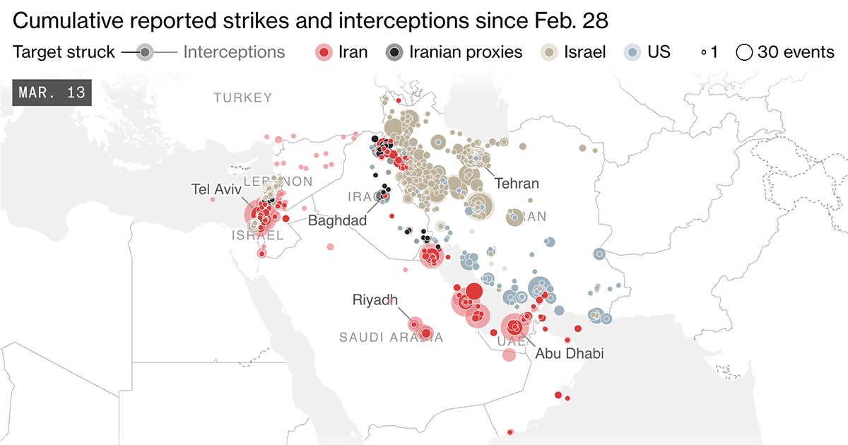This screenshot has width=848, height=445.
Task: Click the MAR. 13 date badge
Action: click(x=52, y=93)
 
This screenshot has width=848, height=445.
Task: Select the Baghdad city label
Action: click(x=337, y=221)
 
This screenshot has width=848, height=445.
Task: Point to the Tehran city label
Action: click(x=517, y=184)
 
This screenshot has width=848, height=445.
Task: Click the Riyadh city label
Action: click(x=375, y=300)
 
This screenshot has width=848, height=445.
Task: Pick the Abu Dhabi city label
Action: click(x=570, y=353)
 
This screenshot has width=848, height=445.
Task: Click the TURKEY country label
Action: click(x=243, y=98)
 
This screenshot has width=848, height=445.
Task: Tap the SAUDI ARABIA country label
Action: click(x=391, y=338)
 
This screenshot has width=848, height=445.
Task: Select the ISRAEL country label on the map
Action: click(x=257, y=236)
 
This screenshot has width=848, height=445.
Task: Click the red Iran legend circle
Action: click(x=324, y=52)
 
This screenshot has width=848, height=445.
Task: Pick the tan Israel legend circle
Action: click(x=549, y=52)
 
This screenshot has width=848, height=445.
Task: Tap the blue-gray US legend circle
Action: click(x=634, y=52)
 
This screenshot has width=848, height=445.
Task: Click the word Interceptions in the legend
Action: click(x=234, y=52)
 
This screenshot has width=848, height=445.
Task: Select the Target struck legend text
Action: click(x=64, y=52)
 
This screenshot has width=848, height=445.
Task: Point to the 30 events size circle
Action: click(x=744, y=52)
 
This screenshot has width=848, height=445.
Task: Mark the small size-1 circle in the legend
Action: click(x=704, y=53)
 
